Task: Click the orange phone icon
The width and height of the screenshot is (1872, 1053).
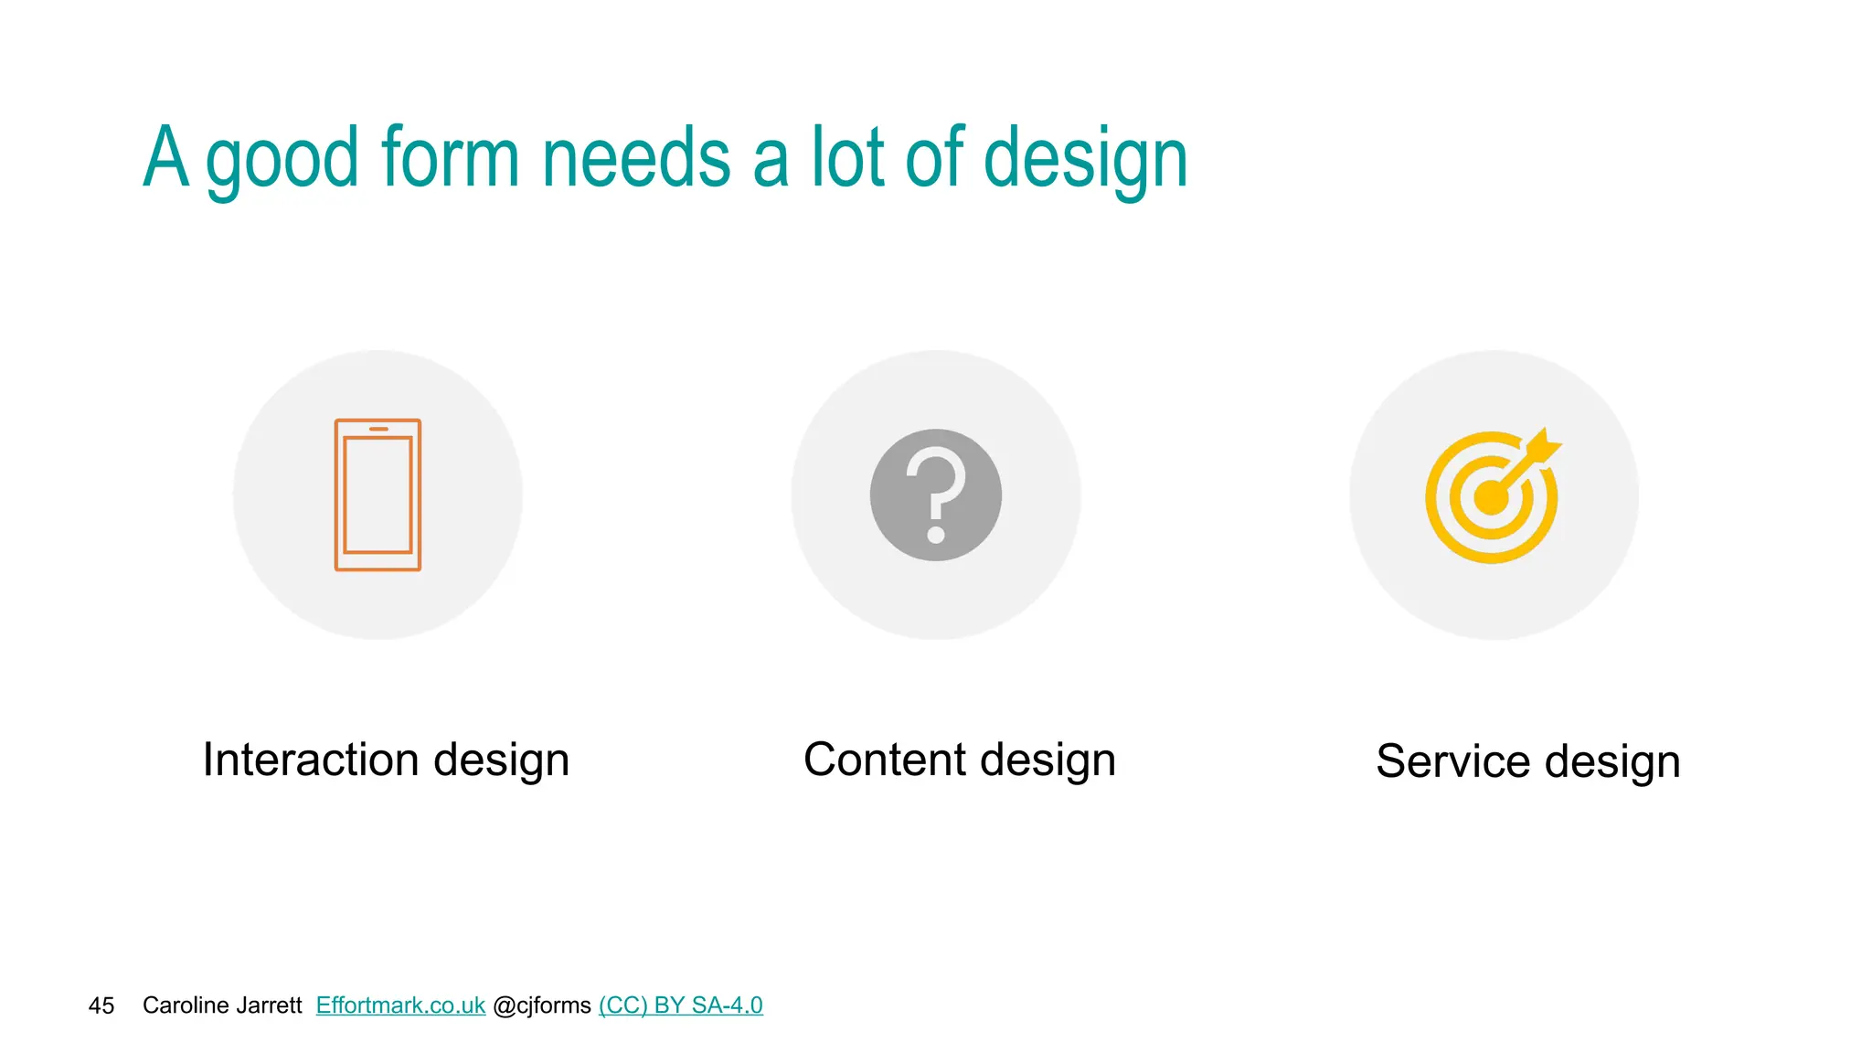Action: tap(378, 495)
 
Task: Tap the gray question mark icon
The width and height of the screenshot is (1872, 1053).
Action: tap(935, 495)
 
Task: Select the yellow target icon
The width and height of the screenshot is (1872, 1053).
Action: tap(1492, 496)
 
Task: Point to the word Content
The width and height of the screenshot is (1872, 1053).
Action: tap(885, 760)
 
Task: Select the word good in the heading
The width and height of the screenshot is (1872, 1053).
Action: tap(282, 163)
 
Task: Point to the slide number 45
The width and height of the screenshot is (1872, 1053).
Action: tap(101, 1006)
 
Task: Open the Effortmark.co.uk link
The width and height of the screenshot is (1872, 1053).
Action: tap(400, 1005)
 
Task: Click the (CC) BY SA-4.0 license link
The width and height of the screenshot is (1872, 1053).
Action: tap(680, 1005)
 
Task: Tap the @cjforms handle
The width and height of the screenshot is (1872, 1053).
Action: tap(542, 1005)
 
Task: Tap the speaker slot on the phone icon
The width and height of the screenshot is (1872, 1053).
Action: tap(378, 429)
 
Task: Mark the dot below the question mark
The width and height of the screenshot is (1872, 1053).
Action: tap(936, 534)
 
